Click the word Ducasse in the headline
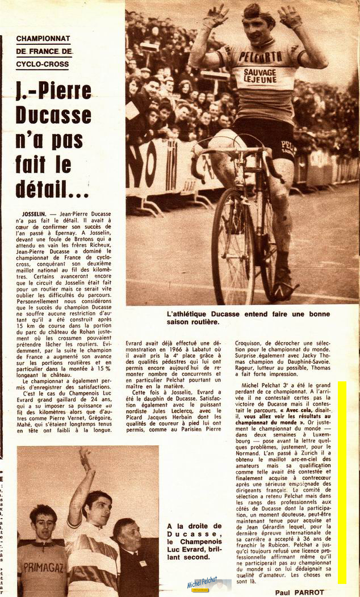(53, 115)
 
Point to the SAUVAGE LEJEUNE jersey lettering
(260, 75)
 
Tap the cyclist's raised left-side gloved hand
(217, 15)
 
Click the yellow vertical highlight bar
(342, 482)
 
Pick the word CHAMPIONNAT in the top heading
(44, 39)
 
